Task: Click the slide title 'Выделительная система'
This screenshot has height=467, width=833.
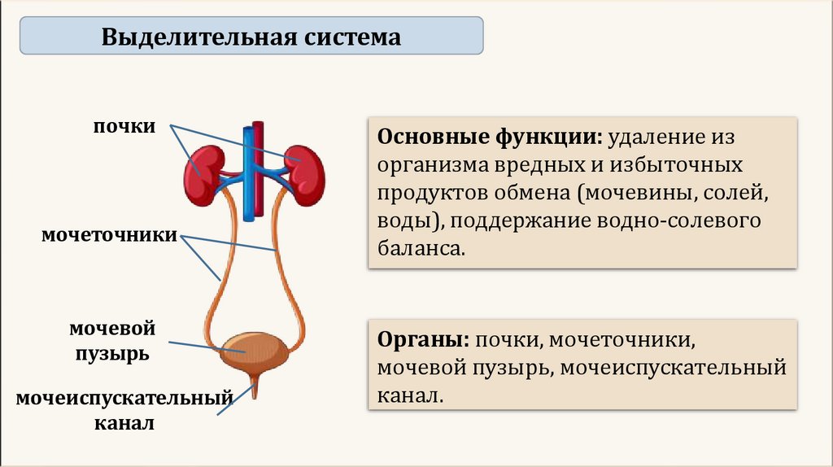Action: pos(251,37)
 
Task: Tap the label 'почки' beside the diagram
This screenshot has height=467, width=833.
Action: pos(124,128)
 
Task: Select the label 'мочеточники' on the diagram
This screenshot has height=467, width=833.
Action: pos(111,235)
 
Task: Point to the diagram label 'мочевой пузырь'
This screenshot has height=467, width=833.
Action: pos(113,341)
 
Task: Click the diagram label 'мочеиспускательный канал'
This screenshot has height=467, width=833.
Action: pos(124,410)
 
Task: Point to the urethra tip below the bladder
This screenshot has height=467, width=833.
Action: pos(255,392)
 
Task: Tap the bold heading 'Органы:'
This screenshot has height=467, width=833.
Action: pos(422,339)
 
